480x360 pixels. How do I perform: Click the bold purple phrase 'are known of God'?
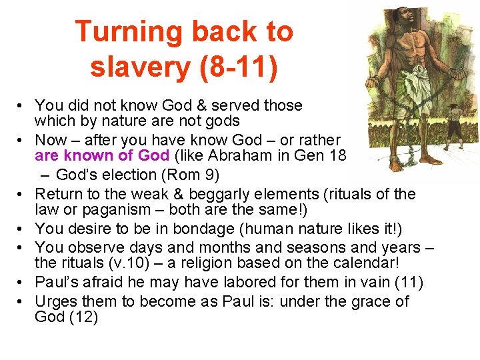102,157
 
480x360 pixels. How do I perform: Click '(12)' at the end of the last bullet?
83,317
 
